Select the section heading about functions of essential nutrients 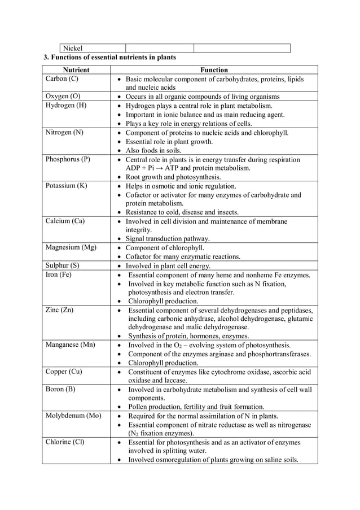[x=110, y=57]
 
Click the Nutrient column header [x=76, y=70]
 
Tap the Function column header [x=214, y=70]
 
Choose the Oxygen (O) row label [x=63, y=97]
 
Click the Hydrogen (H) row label [x=66, y=106]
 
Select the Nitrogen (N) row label [x=64, y=133]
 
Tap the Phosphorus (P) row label [x=68, y=159]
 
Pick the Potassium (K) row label [x=66, y=186]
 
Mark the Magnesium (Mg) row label [x=71, y=247]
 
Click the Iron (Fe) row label [x=59, y=274]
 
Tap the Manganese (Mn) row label [x=70, y=345]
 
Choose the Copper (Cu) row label [x=64, y=371]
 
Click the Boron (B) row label [x=60, y=389]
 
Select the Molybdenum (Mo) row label [x=73, y=416]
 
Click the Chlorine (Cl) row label [x=65, y=442]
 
